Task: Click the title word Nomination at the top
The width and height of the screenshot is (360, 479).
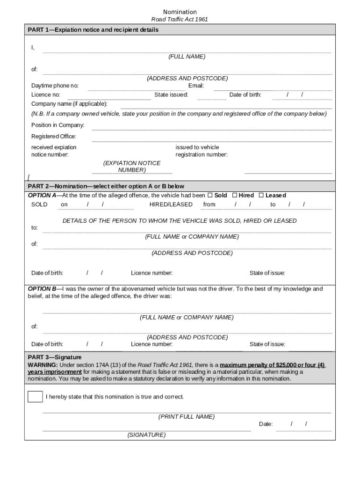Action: click(x=180, y=12)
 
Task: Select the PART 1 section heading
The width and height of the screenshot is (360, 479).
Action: click(x=93, y=29)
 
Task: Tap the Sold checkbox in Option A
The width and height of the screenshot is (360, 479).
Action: click(x=210, y=195)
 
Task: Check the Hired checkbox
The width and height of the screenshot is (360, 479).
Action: click(x=235, y=195)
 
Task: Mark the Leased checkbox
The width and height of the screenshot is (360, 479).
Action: click(x=261, y=195)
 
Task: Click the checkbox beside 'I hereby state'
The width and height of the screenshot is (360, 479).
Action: click(x=35, y=397)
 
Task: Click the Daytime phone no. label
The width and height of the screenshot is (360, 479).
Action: click(x=55, y=86)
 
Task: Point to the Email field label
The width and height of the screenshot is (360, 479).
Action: click(x=196, y=86)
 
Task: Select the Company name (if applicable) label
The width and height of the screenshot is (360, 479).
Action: click(x=69, y=103)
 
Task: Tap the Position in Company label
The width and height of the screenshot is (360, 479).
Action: click(x=58, y=125)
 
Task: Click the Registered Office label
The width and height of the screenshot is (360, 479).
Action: click(x=54, y=136)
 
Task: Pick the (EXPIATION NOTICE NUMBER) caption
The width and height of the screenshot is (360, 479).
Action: click(x=132, y=167)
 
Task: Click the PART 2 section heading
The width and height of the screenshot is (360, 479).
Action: click(x=106, y=186)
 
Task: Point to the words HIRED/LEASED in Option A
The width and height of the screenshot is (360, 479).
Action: click(x=171, y=204)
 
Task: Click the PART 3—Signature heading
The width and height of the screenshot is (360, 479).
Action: click(x=55, y=357)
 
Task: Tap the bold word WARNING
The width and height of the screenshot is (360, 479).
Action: click(x=43, y=365)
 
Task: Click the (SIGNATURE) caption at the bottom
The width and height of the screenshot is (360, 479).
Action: click(x=146, y=435)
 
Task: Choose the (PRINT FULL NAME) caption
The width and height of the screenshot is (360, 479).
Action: click(x=187, y=416)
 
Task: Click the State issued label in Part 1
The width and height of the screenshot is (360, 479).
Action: click(x=171, y=94)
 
